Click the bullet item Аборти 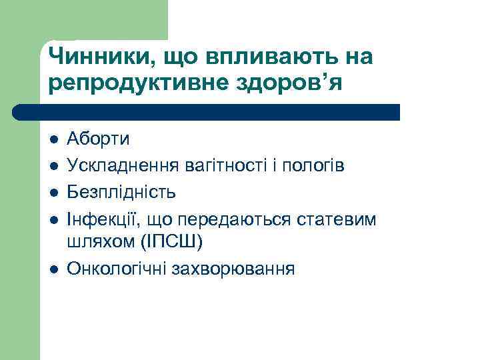[x=99, y=139]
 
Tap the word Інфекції [x=100, y=219]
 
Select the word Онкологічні [x=122, y=270]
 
